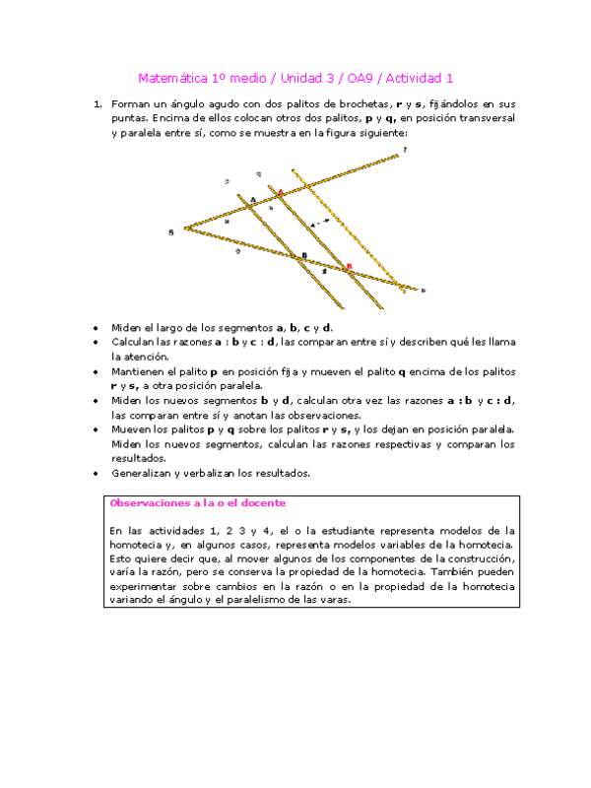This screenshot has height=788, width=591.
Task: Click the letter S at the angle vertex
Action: (171, 231)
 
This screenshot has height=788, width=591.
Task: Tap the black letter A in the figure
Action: (252, 200)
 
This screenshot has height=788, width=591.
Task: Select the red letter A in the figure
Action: (280, 193)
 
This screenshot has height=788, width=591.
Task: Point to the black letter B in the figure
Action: (303, 256)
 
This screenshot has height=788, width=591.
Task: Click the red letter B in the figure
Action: (348, 265)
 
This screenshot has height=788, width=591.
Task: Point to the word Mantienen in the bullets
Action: (137, 372)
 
